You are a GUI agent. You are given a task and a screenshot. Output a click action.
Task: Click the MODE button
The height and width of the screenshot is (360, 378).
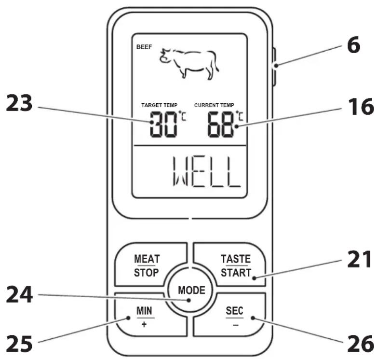pyautogui.click(x=191, y=290)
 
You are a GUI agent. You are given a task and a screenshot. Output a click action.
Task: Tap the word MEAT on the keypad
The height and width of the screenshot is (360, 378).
pyautogui.click(x=147, y=259)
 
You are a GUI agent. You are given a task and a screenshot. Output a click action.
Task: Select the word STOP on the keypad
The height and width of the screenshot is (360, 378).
pyautogui.click(x=147, y=273)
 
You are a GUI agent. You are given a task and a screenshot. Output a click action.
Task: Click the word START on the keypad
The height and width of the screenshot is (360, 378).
pyautogui.click(x=236, y=273)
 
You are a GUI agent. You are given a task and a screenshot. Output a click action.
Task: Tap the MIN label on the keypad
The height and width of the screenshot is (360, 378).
pyautogui.click(x=144, y=311)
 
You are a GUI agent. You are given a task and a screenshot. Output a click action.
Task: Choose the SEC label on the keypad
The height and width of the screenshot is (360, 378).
pyautogui.click(x=234, y=311)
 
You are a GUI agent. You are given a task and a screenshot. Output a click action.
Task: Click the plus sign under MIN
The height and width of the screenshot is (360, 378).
pyautogui.click(x=144, y=324)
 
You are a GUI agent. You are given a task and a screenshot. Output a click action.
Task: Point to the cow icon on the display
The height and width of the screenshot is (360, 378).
pyautogui.click(x=189, y=64)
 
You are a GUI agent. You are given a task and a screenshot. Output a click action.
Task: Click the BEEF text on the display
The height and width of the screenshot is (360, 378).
pyautogui.click(x=144, y=47)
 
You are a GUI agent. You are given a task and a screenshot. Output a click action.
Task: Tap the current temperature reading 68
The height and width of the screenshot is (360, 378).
pyautogui.click(x=221, y=125)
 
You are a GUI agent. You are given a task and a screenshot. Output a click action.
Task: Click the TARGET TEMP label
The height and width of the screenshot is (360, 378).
pyautogui.click(x=159, y=105)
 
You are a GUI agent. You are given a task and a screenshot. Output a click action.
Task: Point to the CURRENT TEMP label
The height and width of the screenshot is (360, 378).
pyautogui.click(x=214, y=105)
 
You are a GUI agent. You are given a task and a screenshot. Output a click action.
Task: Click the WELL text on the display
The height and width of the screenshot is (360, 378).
pyautogui.click(x=207, y=172)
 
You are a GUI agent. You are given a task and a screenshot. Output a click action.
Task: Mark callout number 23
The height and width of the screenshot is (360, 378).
pyautogui.click(x=19, y=103)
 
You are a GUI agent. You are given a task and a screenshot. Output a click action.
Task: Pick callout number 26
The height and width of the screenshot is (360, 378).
pyautogui.click(x=361, y=344)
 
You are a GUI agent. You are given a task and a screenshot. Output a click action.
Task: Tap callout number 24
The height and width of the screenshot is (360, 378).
pyautogui.click(x=19, y=294)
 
